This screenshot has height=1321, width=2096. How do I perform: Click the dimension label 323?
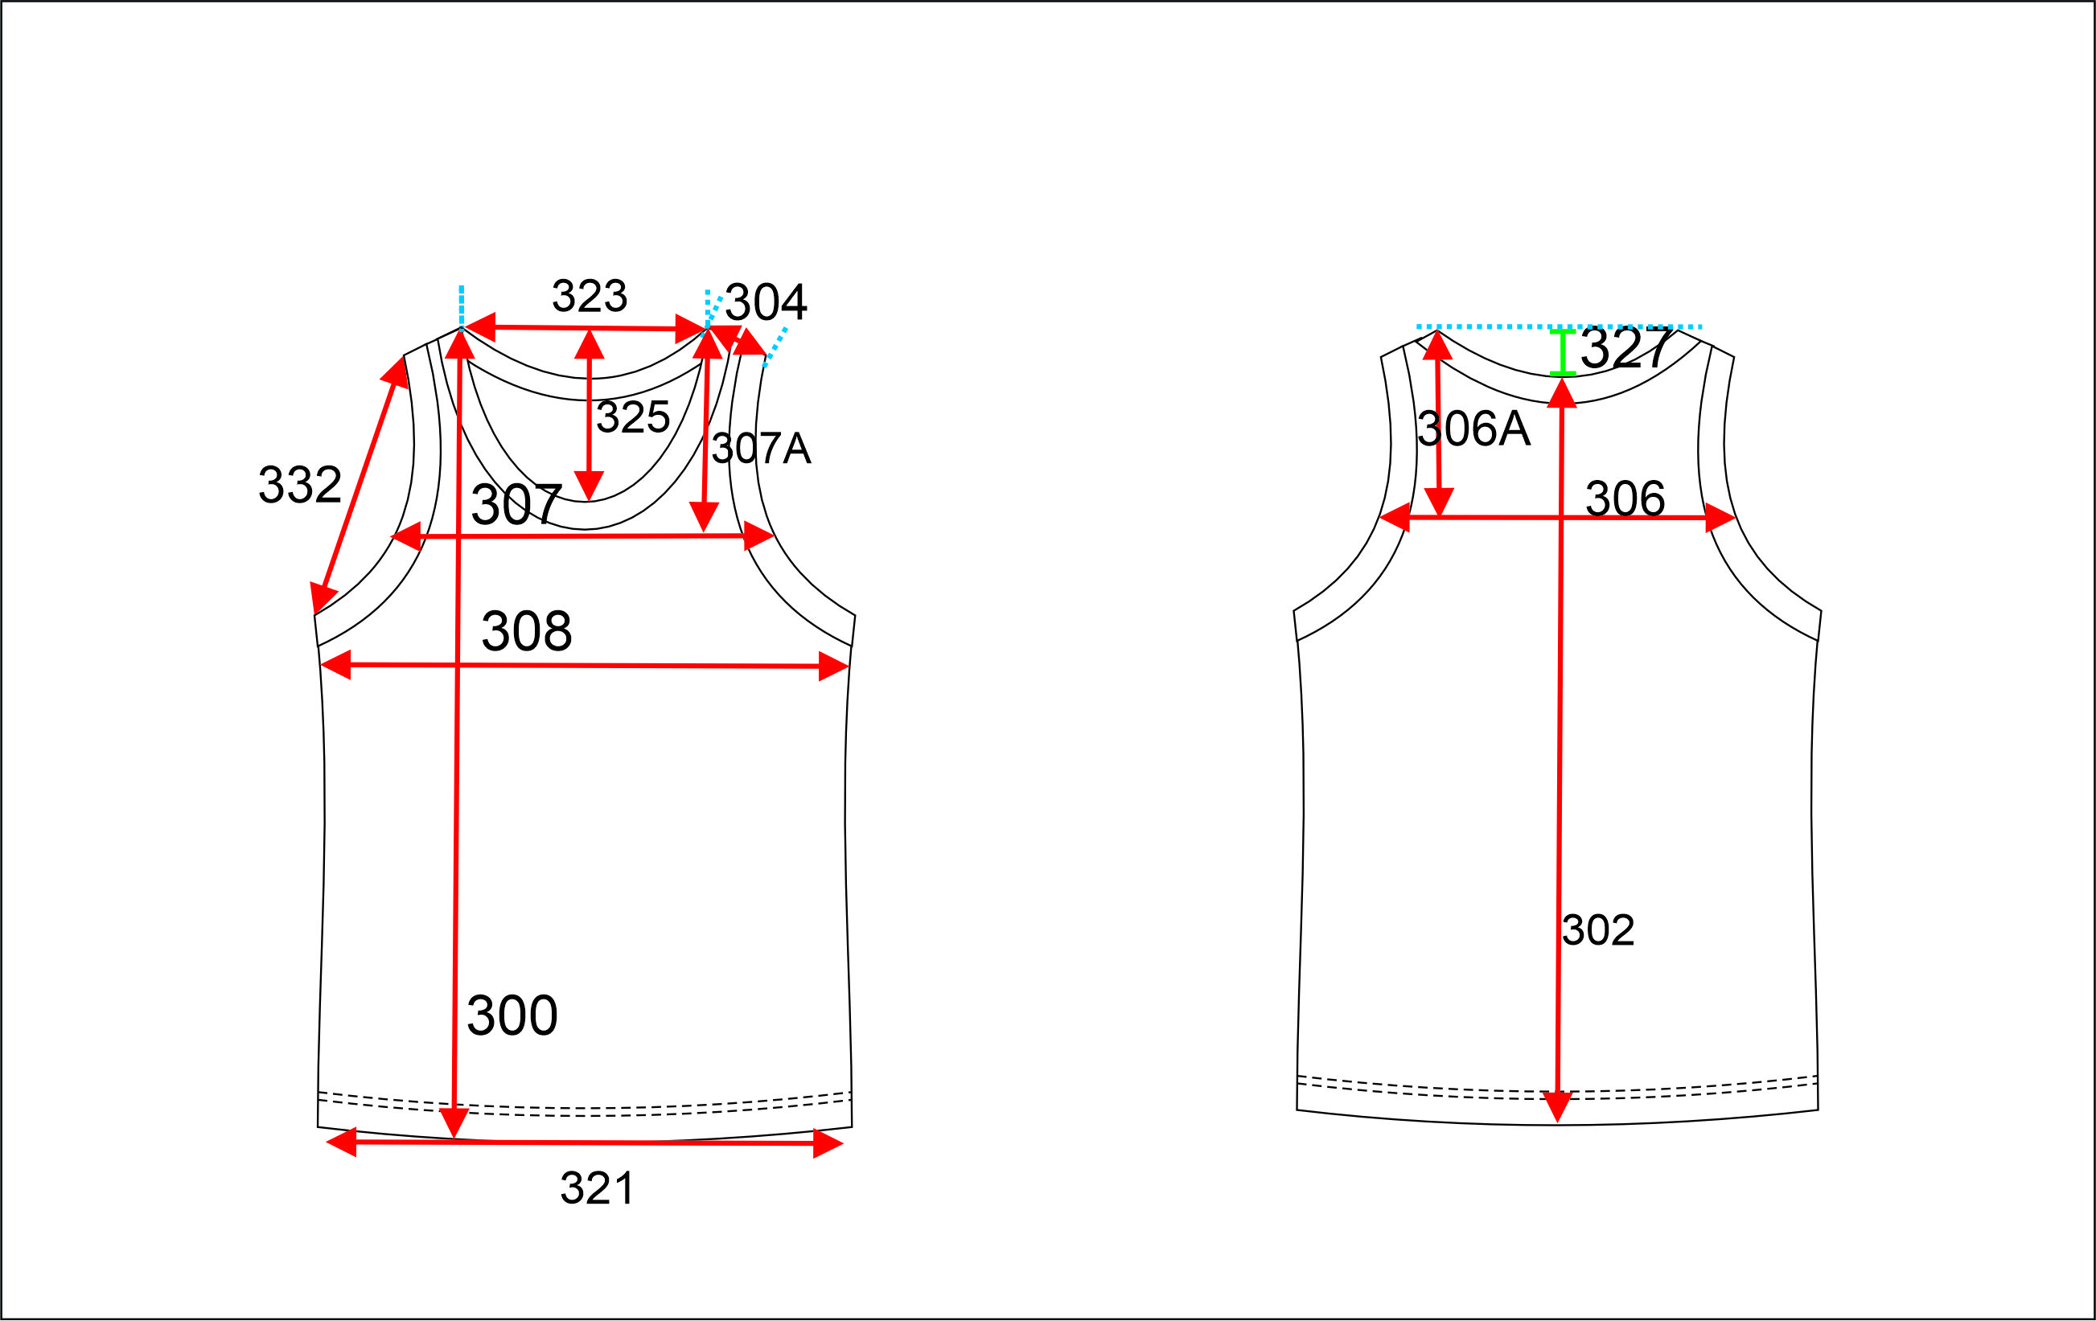click(590, 296)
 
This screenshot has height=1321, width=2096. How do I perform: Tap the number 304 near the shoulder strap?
click(766, 302)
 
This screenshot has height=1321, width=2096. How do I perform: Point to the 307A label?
click(761, 449)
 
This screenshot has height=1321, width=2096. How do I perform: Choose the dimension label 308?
click(527, 631)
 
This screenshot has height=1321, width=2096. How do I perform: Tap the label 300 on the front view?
click(512, 1015)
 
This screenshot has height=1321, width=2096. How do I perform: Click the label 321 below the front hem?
click(597, 1188)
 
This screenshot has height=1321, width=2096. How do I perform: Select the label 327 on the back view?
click(1626, 348)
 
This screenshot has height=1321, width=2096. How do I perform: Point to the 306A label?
click(1473, 429)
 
